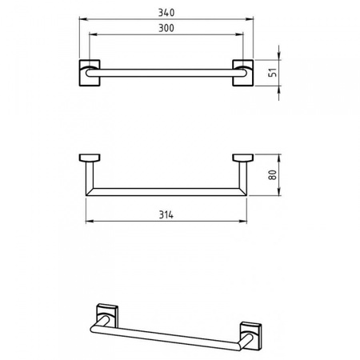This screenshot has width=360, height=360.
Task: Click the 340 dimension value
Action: point(166,13)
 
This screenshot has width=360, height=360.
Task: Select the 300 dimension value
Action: point(166,28)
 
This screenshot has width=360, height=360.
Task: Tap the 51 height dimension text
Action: point(273,73)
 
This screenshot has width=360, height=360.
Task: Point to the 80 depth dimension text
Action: point(273,174)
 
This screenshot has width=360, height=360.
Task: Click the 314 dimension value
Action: point(166,214)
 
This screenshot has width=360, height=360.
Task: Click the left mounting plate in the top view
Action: point(90,73)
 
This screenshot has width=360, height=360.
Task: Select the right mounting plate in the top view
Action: point(243,73)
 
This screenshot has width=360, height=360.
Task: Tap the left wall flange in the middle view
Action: point(90,158)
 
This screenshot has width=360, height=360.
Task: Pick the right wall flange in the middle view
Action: point(243,158)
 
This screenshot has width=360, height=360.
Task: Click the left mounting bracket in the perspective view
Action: point(107,315)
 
